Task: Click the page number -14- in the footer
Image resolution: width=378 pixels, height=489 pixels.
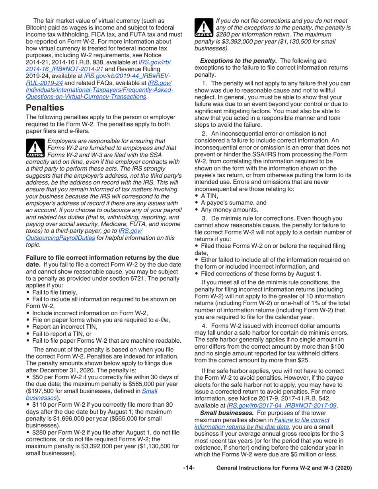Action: tap(189, 468)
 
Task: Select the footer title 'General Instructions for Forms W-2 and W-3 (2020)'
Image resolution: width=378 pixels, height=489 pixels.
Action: tap(284, 468)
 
